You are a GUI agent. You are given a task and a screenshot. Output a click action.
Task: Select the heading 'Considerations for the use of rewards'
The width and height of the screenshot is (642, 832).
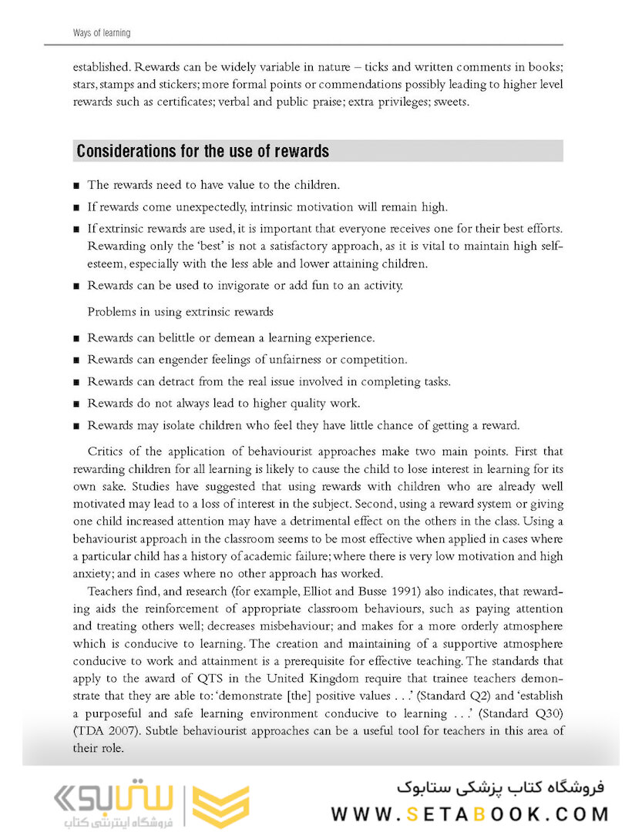(203, 151)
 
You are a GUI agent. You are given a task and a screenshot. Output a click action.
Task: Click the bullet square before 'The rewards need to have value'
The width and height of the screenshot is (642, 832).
(77, 186)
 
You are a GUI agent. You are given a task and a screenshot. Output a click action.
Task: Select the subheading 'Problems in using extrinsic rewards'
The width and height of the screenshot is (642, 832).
(180, 311)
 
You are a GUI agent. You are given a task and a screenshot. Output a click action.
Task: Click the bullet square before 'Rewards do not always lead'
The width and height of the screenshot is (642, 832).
(77, 404)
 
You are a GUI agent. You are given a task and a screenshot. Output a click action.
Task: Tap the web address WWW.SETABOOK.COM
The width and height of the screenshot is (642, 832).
(469, 814)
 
